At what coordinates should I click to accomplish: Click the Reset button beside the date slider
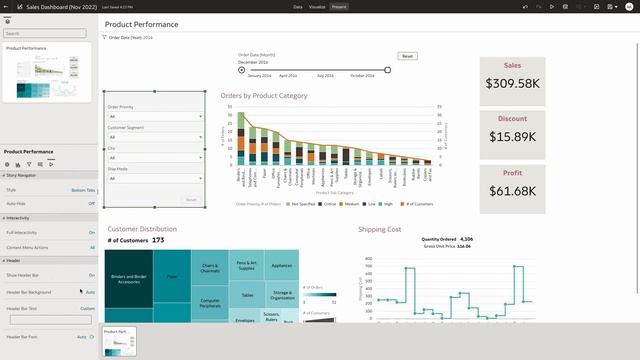pos(407,56)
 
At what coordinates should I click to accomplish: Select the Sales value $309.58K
pos(513,84)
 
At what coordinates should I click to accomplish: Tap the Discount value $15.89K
pos(513,137)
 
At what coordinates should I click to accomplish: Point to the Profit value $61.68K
pos(513,190)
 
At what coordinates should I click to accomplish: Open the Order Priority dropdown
pos(154,116)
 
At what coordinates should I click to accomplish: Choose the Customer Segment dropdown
pos(154,137)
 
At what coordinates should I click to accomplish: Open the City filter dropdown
pos(154,158)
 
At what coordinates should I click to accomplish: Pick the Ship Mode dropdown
pos(154,178)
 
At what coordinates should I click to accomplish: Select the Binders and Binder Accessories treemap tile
pos(132,279)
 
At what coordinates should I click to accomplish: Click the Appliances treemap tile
pos(282,265)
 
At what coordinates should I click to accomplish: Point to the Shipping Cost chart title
pos(379,229)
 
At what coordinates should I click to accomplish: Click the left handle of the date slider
pos(242,69)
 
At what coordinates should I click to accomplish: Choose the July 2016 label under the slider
pos(325,76)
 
